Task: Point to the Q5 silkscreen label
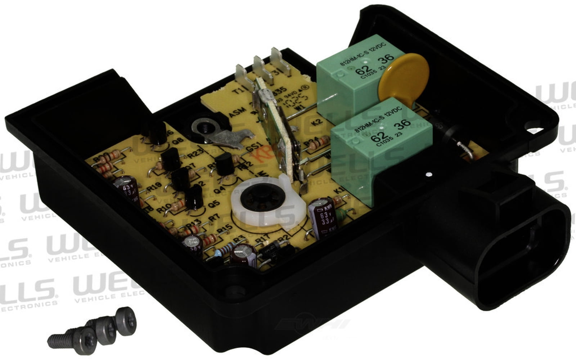point(214,204)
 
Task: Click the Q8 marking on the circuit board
point(178,141)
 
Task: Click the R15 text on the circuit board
point(224,228)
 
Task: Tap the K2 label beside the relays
point(318,122)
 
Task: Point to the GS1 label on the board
point(252,147)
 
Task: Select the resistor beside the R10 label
point(177,206)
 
